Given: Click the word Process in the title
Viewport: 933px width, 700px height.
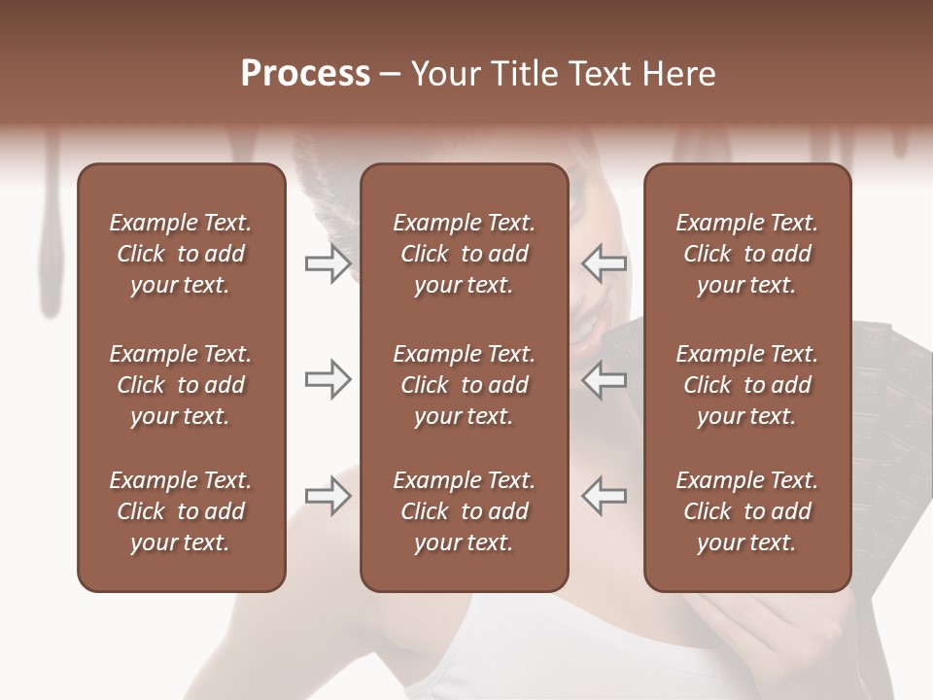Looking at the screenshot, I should (305, 74).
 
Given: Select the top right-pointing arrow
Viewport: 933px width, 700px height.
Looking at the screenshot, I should (328, 263).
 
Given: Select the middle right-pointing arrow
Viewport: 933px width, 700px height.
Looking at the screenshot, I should (328, 380).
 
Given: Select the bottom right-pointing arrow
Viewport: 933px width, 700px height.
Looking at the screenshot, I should (328, 497).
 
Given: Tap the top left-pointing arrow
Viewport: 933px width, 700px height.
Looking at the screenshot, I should (605, 263).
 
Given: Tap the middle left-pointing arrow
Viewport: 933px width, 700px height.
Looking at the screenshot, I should (605, 380).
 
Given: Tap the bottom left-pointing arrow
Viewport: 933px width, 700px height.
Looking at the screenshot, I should (605, 497).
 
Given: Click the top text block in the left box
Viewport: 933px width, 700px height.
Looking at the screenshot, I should (181, 254).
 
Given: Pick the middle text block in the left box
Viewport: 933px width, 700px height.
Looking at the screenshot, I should (181, 385).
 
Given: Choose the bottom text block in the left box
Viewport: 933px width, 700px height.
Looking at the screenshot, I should (181, 511).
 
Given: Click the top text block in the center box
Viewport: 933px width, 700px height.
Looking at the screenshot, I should (465, 254).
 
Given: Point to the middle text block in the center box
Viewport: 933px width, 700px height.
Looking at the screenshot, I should (465, 385).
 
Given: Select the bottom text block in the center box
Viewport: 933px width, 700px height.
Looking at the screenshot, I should (465, 511).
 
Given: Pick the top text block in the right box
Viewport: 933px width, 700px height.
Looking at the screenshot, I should (747, 254).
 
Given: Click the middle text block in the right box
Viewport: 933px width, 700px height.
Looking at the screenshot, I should (747, 385).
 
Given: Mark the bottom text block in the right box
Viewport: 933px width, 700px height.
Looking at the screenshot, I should (747, 511).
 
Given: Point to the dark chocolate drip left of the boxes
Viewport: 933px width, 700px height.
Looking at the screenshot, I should (48, 243).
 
